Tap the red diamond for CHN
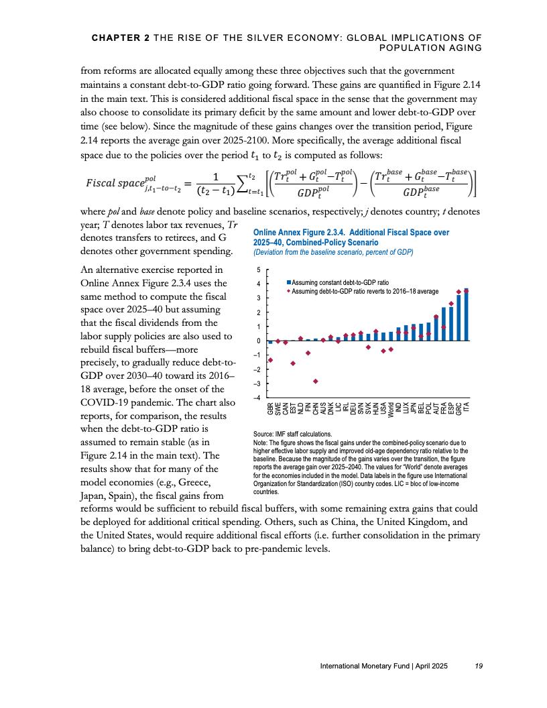316,381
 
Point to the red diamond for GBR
270,360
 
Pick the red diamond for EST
293,363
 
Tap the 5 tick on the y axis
260,270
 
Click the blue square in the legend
288,284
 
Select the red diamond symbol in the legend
288,292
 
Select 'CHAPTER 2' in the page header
121,39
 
